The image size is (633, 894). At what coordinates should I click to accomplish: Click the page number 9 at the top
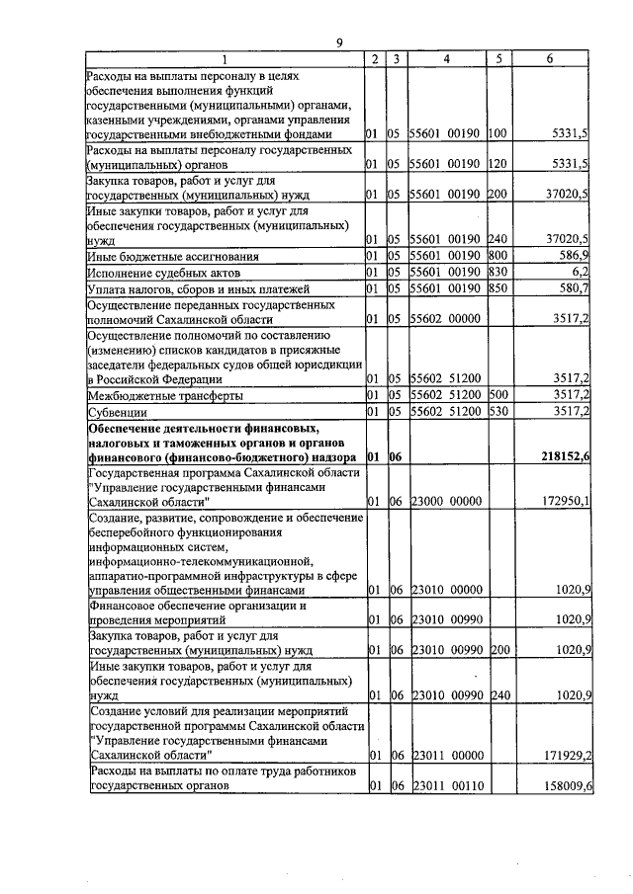pyautogui.click(x=339, y=42)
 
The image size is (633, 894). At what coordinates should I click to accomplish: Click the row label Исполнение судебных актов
pyautogui.click(x=165, y=272)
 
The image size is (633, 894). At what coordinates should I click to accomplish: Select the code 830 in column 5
pyautogui.click(x=497, y=272)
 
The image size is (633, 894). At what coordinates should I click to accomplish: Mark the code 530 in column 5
pyautogui.click(x=497, y=412)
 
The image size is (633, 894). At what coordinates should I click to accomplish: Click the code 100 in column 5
pyautogui.click(x=497, y=132)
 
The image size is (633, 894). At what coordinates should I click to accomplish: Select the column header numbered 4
pyautogui.click(x=446, y=59)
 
